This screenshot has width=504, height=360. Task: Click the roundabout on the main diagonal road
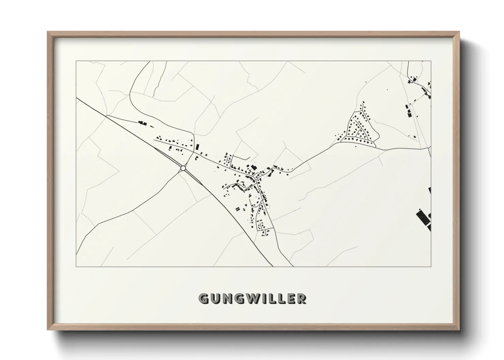[x=183, y=168]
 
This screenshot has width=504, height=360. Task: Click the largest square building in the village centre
[x=253, y=167]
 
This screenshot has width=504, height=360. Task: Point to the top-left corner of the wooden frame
[x=48, y=32]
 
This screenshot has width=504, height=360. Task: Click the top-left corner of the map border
[x=76, y=61]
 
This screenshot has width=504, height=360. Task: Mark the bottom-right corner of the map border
[x=431, y=266]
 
